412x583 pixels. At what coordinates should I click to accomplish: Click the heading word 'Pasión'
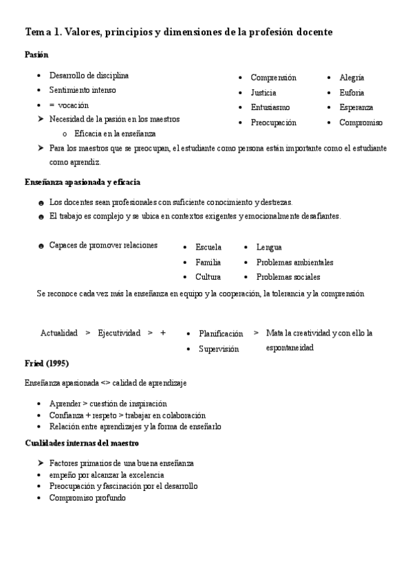pos(36,54)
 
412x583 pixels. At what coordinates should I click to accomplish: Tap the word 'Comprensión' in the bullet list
pos(273,78)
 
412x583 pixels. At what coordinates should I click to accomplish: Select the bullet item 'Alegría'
pos(351,78)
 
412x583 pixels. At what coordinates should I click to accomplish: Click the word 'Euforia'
pos(351,93)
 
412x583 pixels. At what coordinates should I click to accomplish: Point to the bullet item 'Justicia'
pos(263,93)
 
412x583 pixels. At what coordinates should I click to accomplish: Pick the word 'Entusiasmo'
pos(270,107)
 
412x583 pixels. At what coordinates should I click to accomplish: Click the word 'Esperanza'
pos(356,107)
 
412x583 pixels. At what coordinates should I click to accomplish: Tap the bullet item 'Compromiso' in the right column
pos(360,122)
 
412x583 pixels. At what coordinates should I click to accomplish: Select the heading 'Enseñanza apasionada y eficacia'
pos(83,181)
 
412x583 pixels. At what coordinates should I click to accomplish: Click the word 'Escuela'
pos(208,247)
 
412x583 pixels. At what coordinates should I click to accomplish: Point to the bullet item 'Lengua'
pos(269,247)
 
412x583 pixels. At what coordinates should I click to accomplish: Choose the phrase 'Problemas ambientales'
pos(294,262)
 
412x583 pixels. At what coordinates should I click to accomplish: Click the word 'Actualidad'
pos(59,333)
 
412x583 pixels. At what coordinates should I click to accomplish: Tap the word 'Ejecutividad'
pos(119,333)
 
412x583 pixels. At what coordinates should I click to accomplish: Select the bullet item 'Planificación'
pos(221,333)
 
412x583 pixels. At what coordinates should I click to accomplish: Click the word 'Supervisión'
pos(219,349)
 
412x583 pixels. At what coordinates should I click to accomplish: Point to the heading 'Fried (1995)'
pos(47,363)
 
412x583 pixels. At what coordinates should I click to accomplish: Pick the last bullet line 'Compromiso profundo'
pos(87,497)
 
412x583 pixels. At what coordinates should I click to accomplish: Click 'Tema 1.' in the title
pos(43,32)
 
